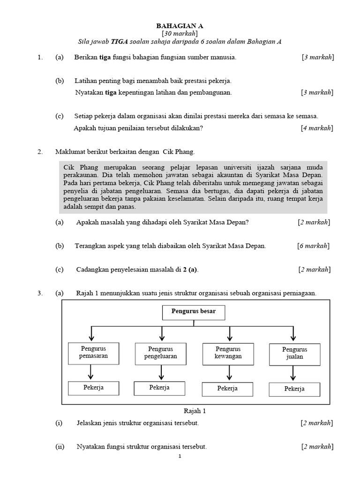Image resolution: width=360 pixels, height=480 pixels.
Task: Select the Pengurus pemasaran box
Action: click(x=93, y=352)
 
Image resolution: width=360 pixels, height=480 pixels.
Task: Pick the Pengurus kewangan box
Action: click(x=228, y=353)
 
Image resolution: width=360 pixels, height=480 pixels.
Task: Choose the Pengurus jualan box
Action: click(x=294, y=353)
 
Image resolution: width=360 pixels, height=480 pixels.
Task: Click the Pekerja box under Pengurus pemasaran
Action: click(x=93, y=388)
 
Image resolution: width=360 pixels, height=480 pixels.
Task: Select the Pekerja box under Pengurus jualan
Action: click(x=294, y=389)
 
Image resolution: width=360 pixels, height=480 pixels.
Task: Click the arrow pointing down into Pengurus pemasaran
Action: click(x=92, y=334)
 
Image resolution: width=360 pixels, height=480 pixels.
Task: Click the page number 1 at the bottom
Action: click(x=180, y=456)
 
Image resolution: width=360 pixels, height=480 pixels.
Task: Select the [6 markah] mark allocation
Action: click(x=313, y=246)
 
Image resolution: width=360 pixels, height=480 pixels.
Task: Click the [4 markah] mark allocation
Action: click(x=317, y=128)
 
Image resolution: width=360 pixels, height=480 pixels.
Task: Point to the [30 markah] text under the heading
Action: click(x=180, y=34)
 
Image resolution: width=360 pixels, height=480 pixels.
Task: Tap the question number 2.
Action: click(x=40, y=152)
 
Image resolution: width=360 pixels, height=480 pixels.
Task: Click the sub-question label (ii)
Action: click(x=60, y=447)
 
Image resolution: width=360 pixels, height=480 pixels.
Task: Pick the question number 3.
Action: click(x=40, y=293)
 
